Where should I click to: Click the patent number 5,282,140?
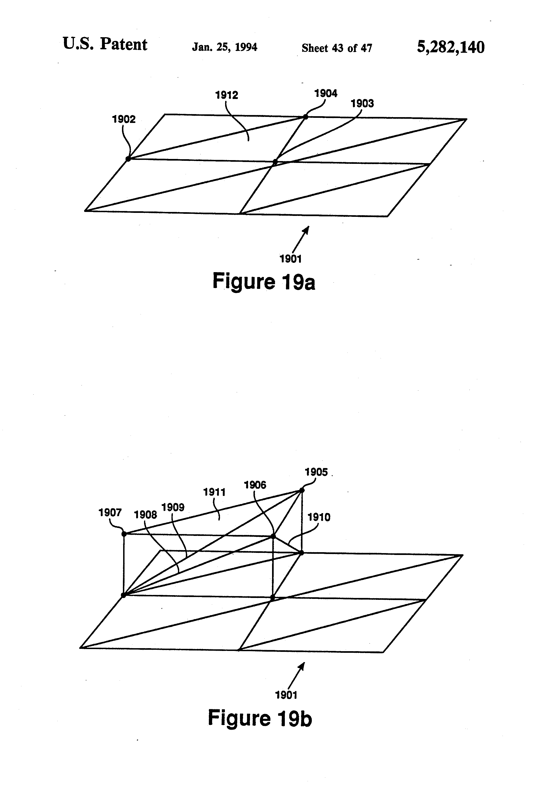tap(450, 47)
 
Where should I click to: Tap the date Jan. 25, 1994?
tap(224, 47)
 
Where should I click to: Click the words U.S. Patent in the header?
tap(105, 44)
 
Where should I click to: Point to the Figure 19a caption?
tap(264, 281)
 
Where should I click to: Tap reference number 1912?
tap(227, 95)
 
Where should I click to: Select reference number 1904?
tap(326, 93)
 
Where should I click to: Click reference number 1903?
tap(362, 103)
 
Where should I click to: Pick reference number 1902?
tap(124, 119)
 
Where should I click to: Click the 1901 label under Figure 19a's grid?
tap(291, 259)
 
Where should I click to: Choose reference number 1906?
tap(255, 485)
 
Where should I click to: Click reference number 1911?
tap(214, 492)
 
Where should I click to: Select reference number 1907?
tap(110, 513)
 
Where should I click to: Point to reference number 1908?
tap(145, 515)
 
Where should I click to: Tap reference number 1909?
tap(173, 508)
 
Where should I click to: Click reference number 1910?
tap(319, 517)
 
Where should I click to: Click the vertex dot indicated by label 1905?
tap(302, 490)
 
